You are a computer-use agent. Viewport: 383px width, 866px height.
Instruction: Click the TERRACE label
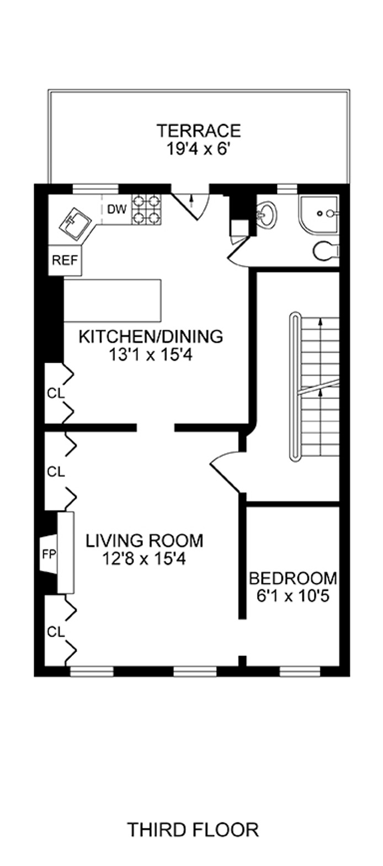point(199,131)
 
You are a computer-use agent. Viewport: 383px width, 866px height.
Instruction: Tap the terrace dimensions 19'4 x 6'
point(199,149)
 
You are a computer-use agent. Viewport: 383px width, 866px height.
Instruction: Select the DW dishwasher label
point(117,209)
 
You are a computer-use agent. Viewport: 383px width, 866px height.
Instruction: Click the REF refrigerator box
point(65,260)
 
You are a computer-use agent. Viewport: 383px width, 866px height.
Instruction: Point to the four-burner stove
point(146,209)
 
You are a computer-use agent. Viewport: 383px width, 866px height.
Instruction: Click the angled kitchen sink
point(76,225)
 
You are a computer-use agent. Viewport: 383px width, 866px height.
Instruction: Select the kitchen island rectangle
point(112,300)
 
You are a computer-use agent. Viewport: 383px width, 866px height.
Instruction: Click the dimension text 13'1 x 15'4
point(151,354)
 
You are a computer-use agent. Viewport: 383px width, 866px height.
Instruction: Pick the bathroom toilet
point(326,252)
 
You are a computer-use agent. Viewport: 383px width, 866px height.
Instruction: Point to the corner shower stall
point(318,216)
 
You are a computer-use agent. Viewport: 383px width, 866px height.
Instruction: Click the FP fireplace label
point(49,555)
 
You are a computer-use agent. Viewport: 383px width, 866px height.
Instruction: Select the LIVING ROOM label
point(144,540)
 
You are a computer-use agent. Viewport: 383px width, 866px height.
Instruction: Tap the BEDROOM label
point(293,578)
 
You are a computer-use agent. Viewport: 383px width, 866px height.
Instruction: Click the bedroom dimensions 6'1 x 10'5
point(293,596)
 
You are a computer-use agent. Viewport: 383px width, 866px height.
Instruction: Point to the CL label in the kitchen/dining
point(56,393)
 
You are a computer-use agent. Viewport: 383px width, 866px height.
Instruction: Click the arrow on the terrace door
point(191,199)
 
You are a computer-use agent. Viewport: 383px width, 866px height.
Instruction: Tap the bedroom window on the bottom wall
point(300,671)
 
